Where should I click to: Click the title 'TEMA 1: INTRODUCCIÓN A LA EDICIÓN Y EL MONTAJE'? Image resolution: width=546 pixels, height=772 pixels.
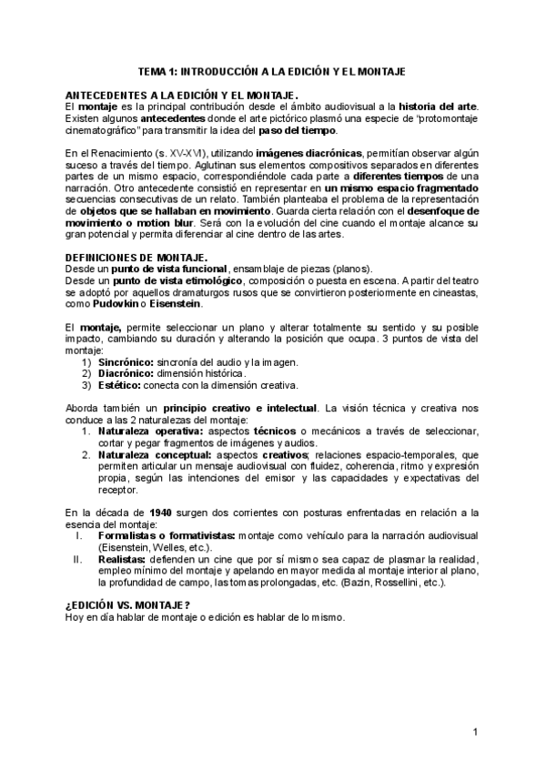[270, 71]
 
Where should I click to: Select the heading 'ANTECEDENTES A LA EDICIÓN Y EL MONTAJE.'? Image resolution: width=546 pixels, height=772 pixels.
[182, 95]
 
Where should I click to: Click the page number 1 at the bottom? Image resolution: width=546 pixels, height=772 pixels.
[475, 733]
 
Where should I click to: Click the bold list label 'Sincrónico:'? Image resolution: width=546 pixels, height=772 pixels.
[126, 362]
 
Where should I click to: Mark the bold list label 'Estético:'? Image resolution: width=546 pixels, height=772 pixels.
[120, 384]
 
